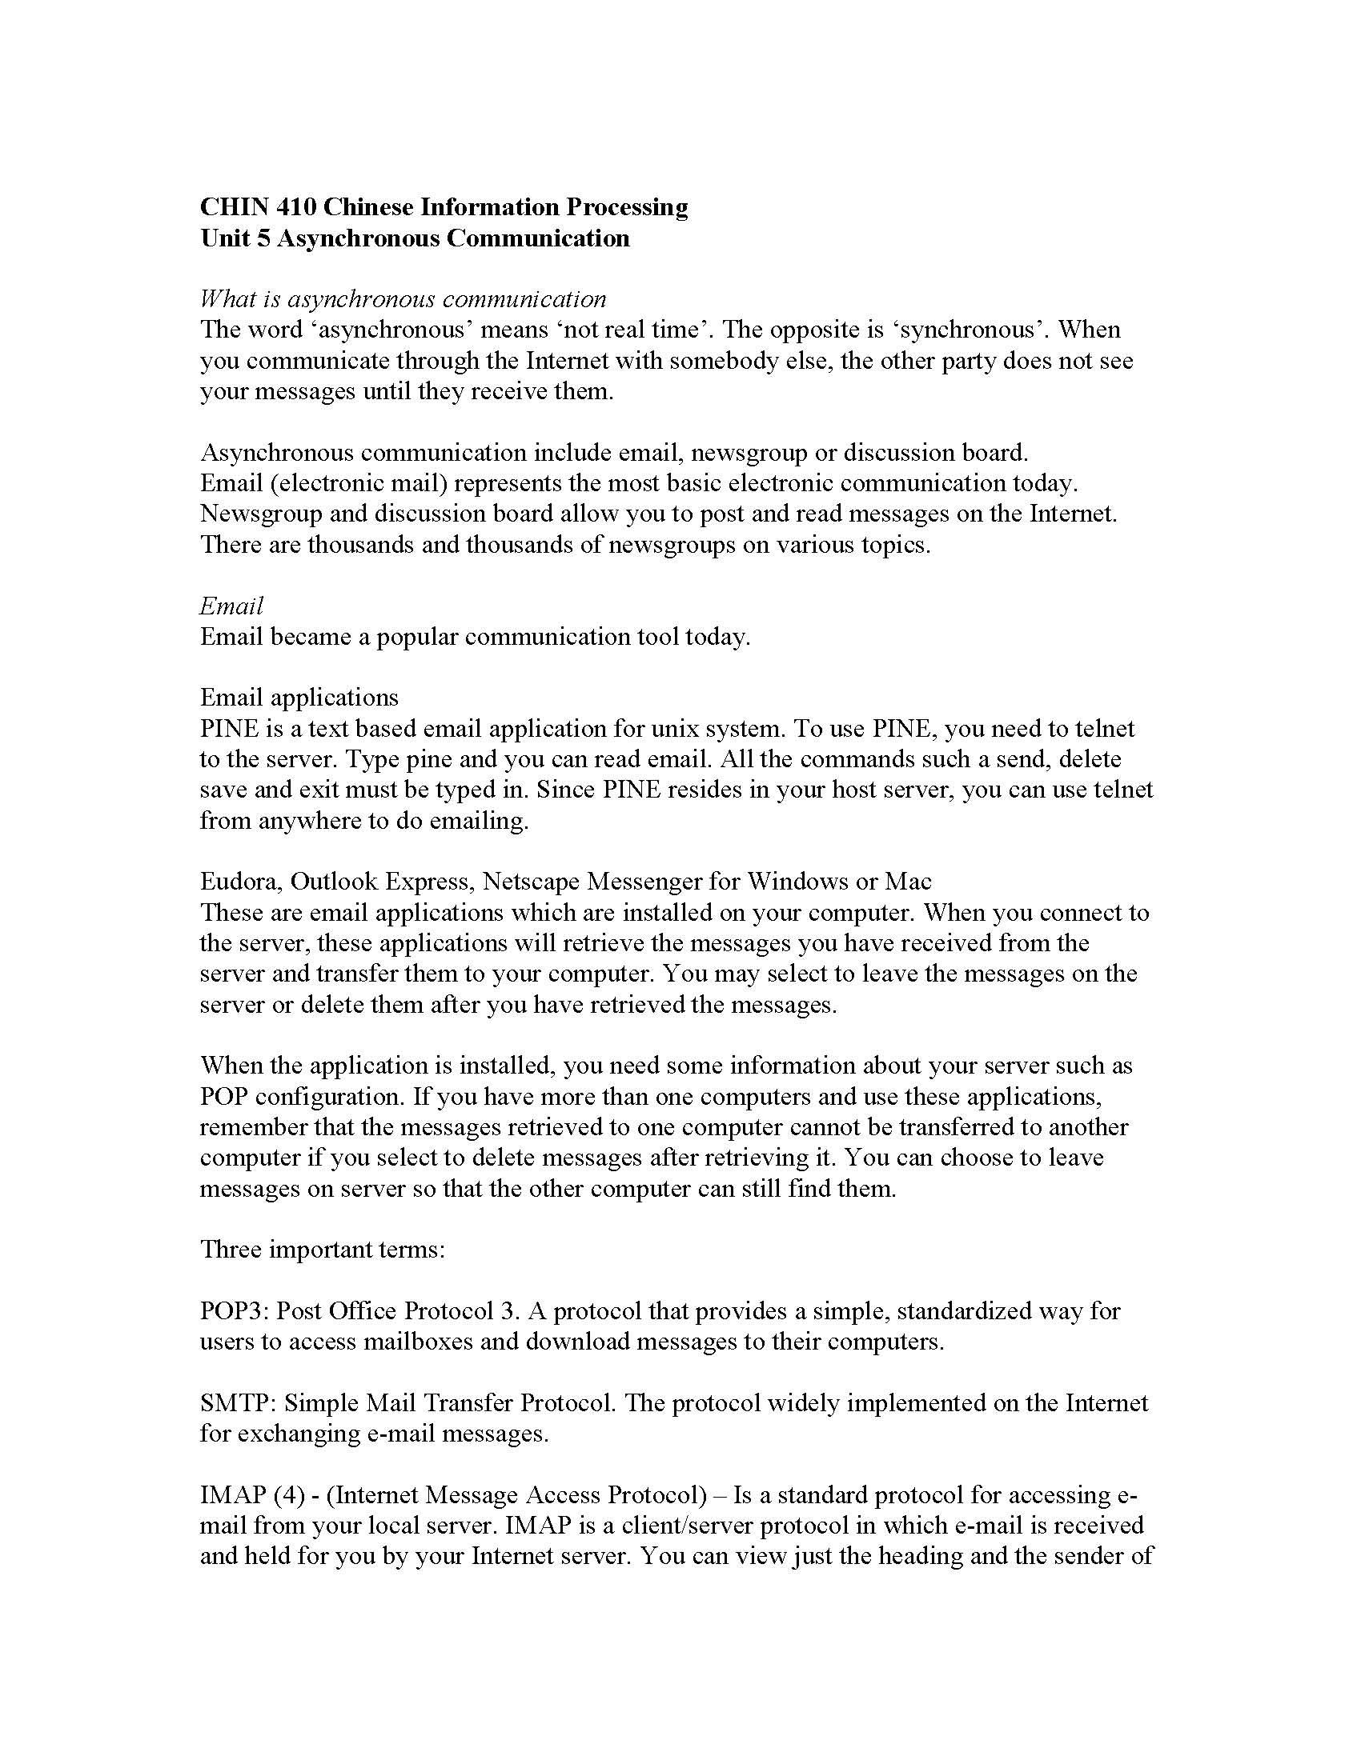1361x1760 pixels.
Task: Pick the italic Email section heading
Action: (231, 606)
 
